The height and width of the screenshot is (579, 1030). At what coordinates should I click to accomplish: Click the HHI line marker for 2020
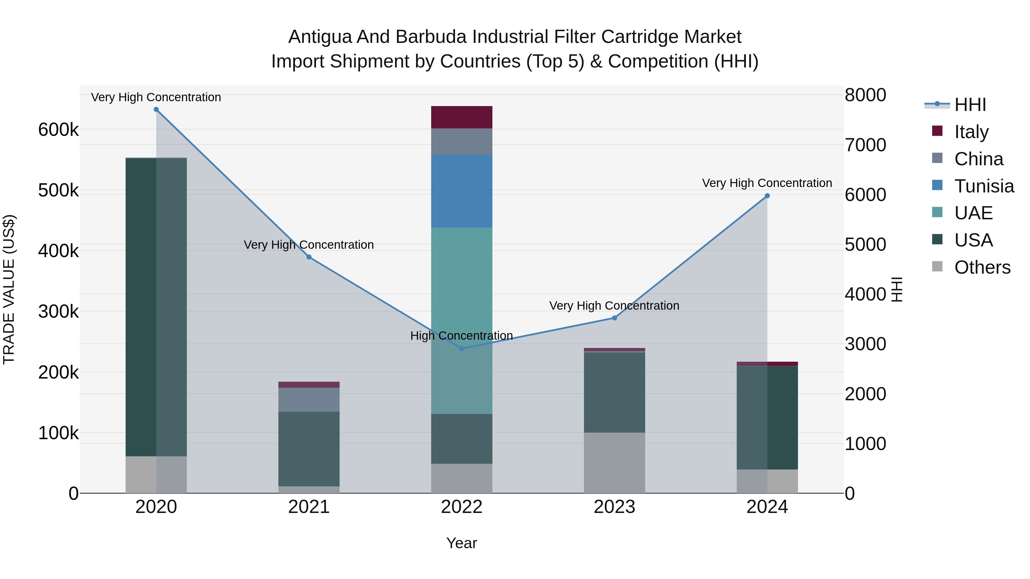click(156, 110)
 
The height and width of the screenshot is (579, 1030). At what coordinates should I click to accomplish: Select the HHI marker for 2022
click(461, 349)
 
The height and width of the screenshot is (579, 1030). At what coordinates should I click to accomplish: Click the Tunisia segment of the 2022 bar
click(461, 191)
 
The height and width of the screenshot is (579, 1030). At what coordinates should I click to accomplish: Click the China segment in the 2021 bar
click(309, 400)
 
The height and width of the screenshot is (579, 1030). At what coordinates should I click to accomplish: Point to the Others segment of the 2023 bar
click(614, 463)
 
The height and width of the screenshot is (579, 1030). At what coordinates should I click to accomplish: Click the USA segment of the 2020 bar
click(156, 307)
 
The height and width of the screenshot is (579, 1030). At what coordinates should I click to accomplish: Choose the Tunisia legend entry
click(984, 186)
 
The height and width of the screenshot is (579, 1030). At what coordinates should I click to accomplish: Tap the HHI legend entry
click(970, 105)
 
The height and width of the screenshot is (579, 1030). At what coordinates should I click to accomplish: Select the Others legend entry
click(982, 267)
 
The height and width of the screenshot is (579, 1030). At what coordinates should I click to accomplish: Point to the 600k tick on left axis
click(58, 130)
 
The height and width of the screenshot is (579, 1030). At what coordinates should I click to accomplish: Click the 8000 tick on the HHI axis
click(865, 95)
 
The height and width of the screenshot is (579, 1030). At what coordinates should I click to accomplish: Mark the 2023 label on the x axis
click(614, 507)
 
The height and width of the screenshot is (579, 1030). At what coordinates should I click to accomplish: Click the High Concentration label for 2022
click(461, 336)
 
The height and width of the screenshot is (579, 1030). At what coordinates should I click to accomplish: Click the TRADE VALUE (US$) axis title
click(9, 289)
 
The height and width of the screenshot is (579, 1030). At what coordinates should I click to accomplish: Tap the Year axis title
click(461, 543)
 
